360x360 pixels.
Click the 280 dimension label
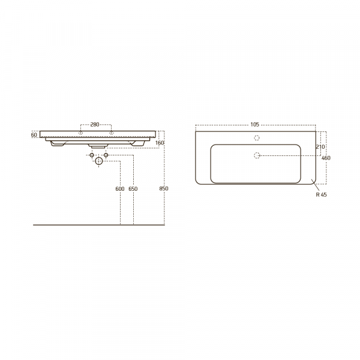tap(95, 125)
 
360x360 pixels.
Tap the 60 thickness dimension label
tap(34, 135)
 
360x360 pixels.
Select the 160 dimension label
tap(160, 143)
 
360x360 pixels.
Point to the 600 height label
tap(120, 189)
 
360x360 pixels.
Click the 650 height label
tap(133, 189)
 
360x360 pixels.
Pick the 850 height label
tap(164, 188)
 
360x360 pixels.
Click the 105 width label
tap(254, 124)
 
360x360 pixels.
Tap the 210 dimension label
tap(320, 147)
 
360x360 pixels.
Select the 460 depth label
tap(326, 158)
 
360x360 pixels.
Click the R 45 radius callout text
tap(321, 194)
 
